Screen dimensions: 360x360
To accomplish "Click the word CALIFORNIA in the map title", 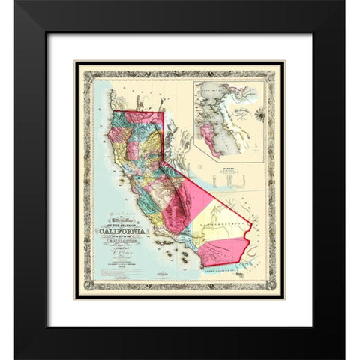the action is [121, 240].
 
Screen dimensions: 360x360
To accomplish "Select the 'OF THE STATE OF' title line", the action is [121, 233].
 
